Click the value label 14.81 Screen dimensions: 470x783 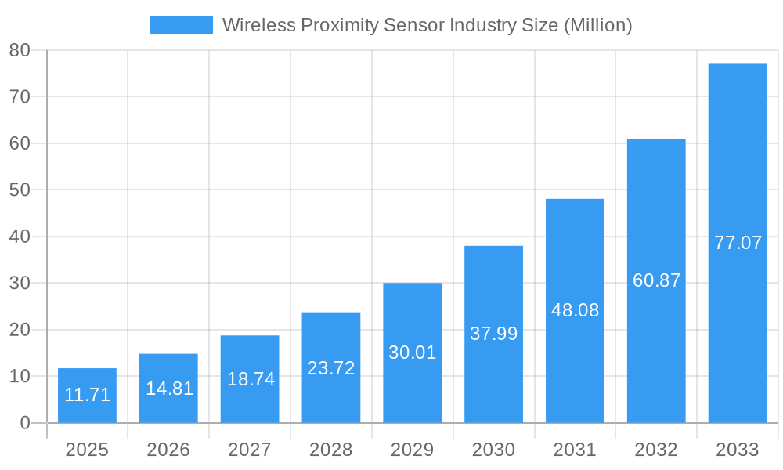169,389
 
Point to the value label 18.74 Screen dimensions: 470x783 251,379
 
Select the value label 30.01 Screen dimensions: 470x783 413,352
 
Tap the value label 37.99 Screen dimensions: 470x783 493,334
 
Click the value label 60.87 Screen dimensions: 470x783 656,280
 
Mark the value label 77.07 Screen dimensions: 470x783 738,243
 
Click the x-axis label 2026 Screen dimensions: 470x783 168,450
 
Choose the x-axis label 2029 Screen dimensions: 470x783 413,450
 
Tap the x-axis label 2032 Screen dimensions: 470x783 656,450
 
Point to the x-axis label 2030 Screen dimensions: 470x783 493,450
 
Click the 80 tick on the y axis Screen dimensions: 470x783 20,50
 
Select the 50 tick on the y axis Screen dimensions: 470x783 20,190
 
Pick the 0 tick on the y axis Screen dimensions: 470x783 24,423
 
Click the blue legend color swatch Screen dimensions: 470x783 181,25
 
